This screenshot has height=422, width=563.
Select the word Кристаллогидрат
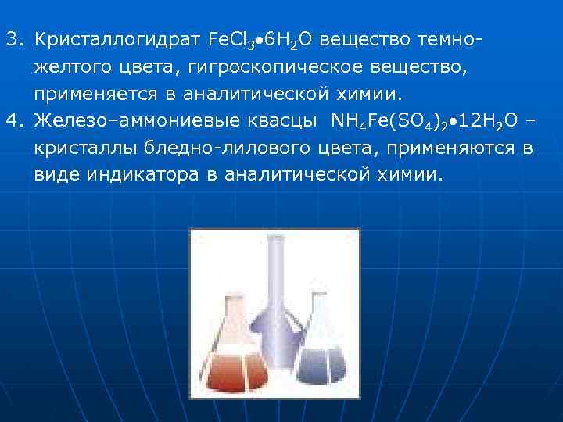(117, 38)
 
